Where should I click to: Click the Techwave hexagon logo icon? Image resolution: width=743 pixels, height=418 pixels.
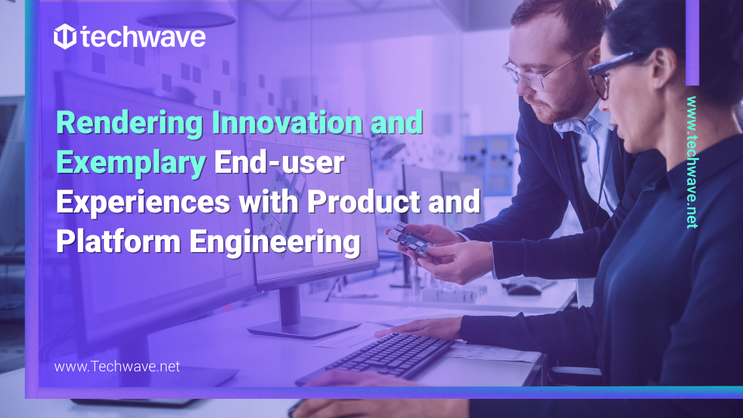pyautogui.click(x=65, y=37)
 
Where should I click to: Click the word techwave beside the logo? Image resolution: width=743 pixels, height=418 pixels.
pyautogui.click(x=143, y=38)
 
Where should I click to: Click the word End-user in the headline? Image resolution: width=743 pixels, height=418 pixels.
pyautogui.click(x=279, y=163)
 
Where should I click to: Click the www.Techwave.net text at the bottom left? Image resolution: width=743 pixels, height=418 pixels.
pyautogui.click(x=117, y=367)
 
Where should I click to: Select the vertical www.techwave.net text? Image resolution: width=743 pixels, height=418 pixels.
pyautogui.click(x=692, y=162)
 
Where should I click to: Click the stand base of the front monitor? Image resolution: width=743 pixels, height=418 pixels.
pyautogui.click(x=303, y=328)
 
